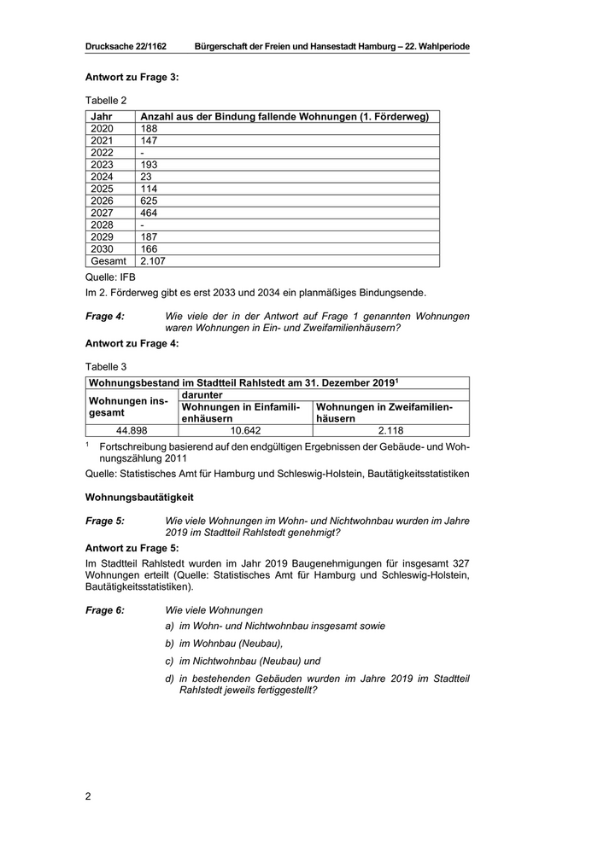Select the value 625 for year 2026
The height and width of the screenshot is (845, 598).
pos(149,201)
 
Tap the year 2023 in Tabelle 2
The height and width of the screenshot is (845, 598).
pos(102,165)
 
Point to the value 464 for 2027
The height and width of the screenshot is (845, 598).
pos(149,213)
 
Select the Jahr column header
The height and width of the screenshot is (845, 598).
pos(102,116)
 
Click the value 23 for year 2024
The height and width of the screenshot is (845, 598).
pos(146,177)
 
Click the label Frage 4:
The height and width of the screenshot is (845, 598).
pos(105,316)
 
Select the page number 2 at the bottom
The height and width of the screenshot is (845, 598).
pos(88,796)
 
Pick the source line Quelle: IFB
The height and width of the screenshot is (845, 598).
pos(110,277)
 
